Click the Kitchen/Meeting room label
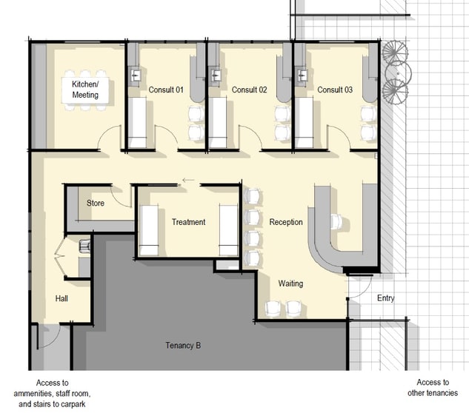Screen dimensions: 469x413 pos(85,90)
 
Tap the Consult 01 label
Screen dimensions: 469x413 pos(166,90)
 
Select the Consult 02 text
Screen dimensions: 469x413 pos(249,90)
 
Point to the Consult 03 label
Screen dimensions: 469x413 pos(335,90)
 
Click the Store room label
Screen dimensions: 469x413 pos(96,204)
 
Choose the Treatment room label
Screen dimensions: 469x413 pos(188,222)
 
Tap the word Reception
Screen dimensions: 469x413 pos(286,222)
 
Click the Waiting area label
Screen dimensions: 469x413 pos(290,283)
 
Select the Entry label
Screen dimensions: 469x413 pos(385,298)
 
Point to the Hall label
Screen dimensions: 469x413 pos(61,298)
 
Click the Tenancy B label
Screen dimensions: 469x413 pos(183,346)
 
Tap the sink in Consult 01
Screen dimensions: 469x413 pos(136,75)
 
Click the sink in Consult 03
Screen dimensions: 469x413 pos(302,75)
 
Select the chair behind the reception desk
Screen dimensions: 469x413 pos(337,221)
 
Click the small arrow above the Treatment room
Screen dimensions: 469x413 pos(188,180)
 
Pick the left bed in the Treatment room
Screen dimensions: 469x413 pos(149,230)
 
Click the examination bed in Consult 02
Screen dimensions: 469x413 pos(218,123)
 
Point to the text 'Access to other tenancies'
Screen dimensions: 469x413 pos(433,388)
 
